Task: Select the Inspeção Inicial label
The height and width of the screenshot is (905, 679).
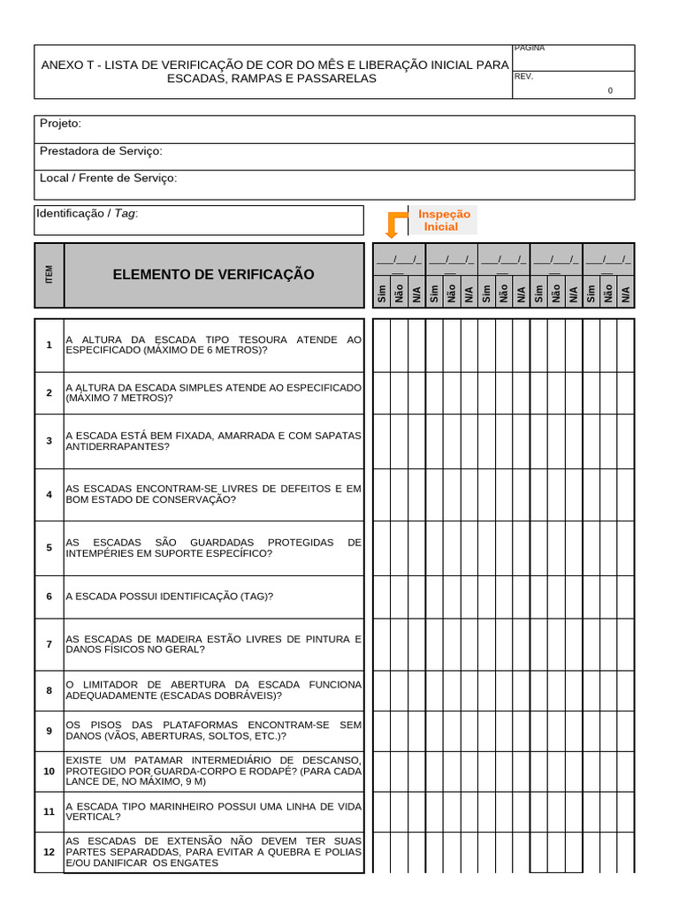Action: pyautogui.click(x=444, y=220)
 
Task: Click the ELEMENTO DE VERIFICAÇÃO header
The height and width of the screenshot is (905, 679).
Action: pyautogui.click(x=213, y=275)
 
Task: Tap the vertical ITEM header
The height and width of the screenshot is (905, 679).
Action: pyautogui.click(x=50, y=275)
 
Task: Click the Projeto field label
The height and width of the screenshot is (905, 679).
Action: pyautogui.click(x=60, y=124)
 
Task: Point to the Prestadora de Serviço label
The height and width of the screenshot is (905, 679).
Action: pyautogui.click(x=101, y=151)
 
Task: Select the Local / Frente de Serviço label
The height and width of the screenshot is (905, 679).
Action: pyautogui.click(x=108, y=178)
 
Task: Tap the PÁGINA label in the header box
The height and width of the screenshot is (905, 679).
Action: pyautogui.click(x=529, y=48)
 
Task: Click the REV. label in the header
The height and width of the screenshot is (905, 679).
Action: pyautogui.click(x=523, y=76)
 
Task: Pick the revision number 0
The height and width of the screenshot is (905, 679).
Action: pyautogui.click(x=609, y=91)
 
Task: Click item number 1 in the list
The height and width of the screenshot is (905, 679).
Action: pyautogui.click(x=50, y=344)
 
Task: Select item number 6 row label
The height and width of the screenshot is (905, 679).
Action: pyautogui.click(x=50, y=597)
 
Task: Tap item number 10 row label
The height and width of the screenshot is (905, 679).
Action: pyautogui.click(x=50, y=772)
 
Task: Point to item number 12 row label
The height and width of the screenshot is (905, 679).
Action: pyautogui.click(x=50, y=852)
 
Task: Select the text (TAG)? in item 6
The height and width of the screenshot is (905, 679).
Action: pyautogui.click(x=256, y=597)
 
